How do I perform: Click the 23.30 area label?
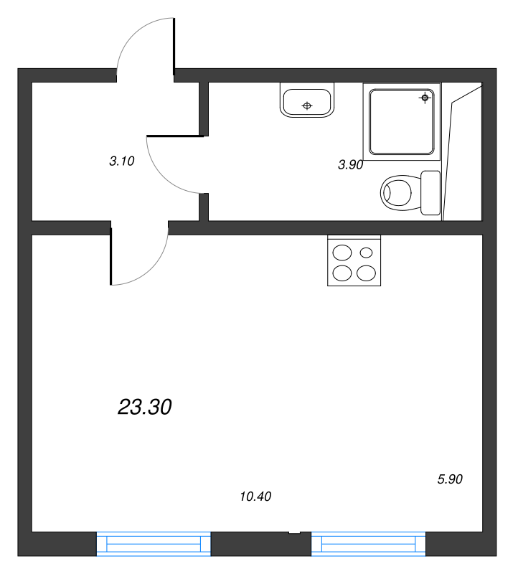[144, 408]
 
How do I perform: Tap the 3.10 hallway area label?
[122, 161]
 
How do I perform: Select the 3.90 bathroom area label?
[351, 164]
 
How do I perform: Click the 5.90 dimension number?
[450, 479]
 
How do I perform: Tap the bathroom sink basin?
[307, 100]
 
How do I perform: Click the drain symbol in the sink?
[307, 106]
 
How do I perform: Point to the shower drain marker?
[425, 97]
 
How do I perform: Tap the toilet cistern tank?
[430, 192]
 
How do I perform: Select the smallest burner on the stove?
[367, 253]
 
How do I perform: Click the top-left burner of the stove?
[343, 253]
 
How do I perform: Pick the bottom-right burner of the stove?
[366, 273]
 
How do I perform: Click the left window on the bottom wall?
[154, 545]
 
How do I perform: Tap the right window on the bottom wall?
[368, 545]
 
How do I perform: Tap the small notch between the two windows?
[293, 532]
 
